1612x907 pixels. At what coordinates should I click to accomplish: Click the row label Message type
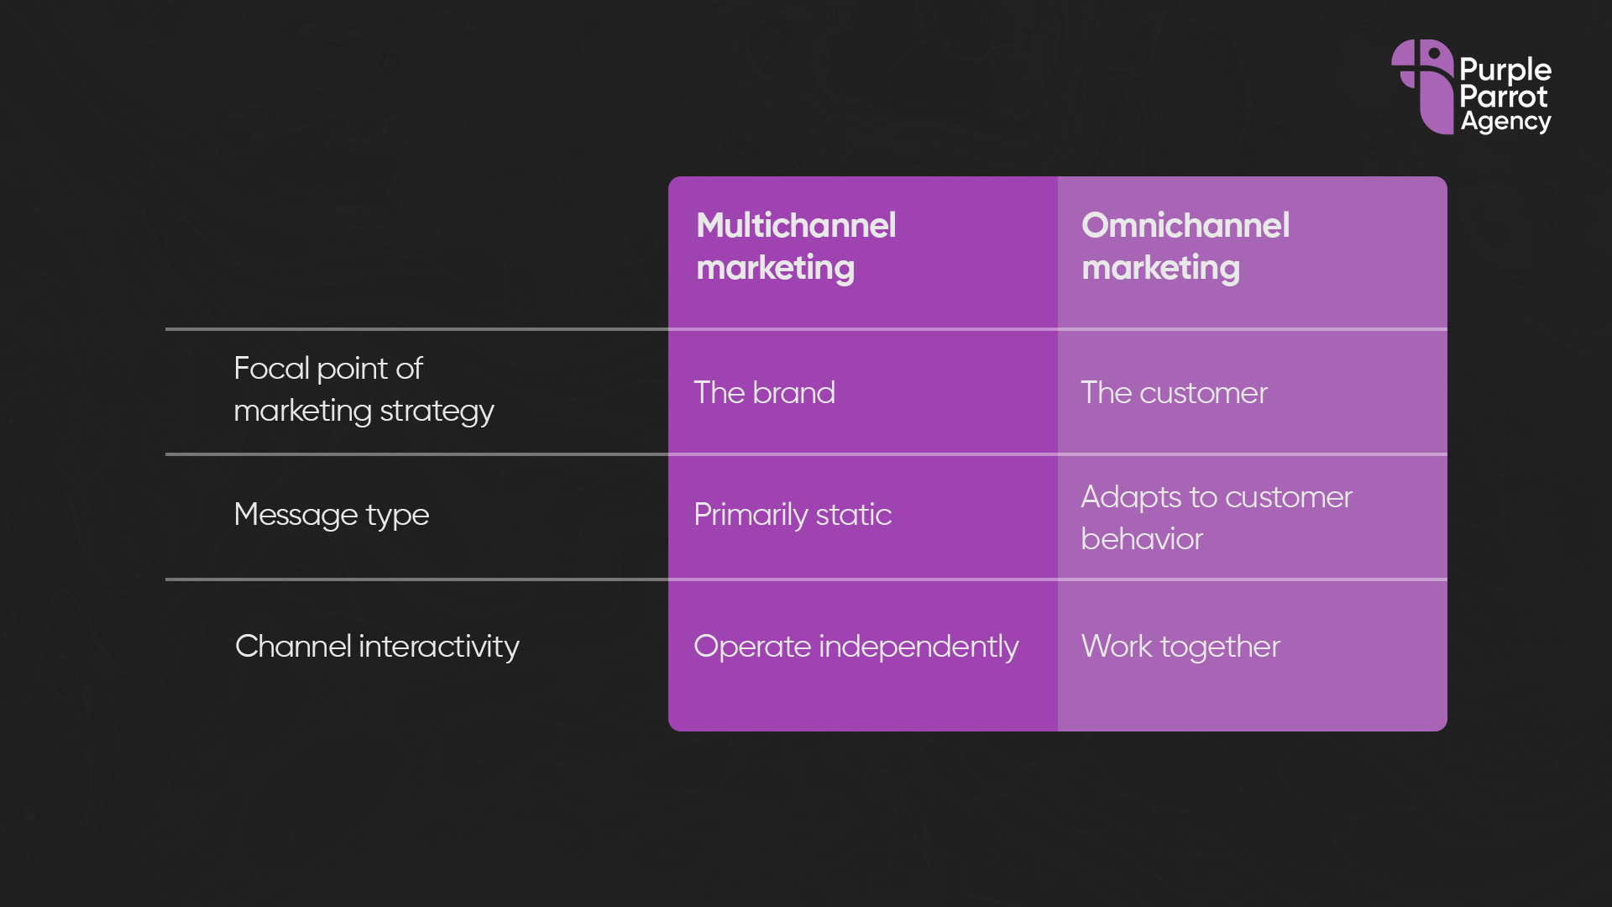(332, 514)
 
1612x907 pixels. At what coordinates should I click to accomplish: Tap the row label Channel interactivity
(377, 647)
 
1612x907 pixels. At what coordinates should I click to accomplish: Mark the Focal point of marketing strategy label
(364, 390)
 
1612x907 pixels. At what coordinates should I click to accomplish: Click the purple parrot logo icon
(1422, 87)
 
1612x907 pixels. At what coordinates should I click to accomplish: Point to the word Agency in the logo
(1505, 122)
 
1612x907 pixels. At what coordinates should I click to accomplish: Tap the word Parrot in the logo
(1503, 96)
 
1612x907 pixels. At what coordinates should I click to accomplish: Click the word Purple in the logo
(1505, 70)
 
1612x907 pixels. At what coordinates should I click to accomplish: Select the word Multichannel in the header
(796, 225)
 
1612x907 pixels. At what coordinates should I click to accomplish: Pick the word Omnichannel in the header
(1185, 225)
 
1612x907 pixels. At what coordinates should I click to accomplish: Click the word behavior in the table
(1142, 538)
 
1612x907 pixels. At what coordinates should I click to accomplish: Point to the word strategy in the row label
(437, 412)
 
